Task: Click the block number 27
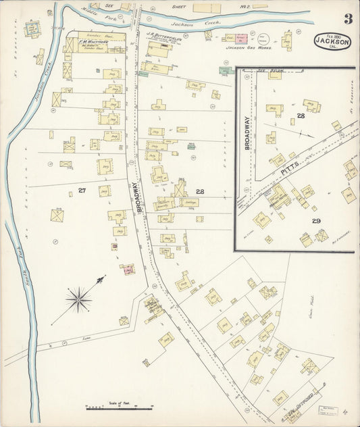pos(82,191)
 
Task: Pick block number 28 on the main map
pos(200,192)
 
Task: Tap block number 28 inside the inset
pos(301,117)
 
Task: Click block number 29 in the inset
pos(315,221)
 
